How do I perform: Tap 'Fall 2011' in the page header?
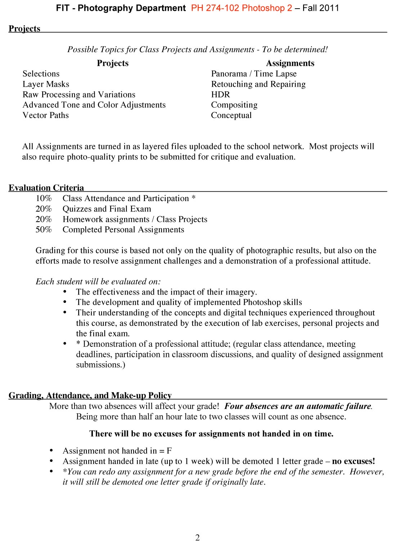pos(321,8)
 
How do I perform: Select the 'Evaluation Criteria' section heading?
pos(46,188)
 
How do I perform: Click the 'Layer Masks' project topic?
pos(46,84)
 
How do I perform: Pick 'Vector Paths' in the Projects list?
pos(45,115)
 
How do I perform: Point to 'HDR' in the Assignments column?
pos(220,95)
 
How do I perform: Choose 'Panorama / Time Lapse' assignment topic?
pos(254,74)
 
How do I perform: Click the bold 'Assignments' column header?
pos(290,63)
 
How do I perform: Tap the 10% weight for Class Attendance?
pos(44,199)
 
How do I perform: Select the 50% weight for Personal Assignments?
pos(44,230)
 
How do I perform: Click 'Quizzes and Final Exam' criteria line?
pos(107,209)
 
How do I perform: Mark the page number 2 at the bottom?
pos(197,537)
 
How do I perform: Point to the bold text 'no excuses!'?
pos(353,461)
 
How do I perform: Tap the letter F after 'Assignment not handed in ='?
pos(169,451)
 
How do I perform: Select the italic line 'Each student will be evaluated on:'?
pos(98,282)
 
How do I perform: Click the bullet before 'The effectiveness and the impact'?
pos(65,292)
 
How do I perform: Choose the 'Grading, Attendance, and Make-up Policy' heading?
pos(90,396)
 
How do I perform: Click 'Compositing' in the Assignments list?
pos(234,105)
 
